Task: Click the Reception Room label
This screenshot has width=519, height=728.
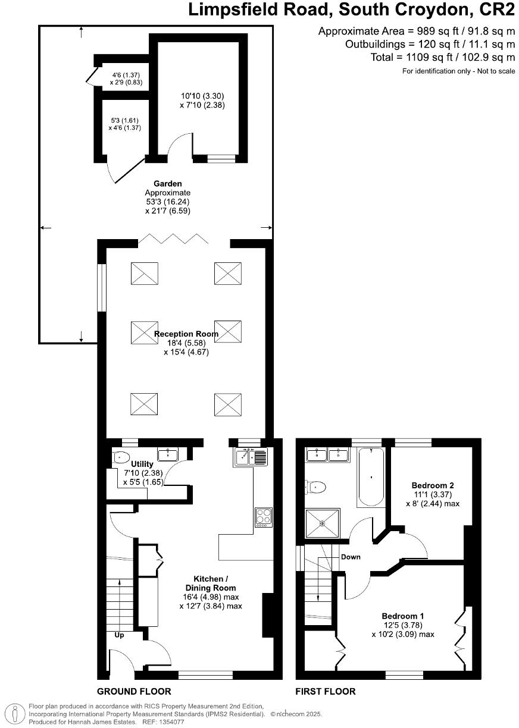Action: coord(186,334)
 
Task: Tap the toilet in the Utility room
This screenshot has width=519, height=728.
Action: coord(121,457)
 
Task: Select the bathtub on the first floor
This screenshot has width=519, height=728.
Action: coord(371,477)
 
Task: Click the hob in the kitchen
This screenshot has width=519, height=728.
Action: coord(263,517)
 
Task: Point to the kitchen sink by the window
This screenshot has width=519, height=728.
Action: coord(252,457)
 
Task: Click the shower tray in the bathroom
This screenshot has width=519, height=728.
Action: coord(322,524)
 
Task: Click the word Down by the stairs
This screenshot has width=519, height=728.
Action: coord(351,557)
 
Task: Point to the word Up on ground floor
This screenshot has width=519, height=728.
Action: coord(119,635)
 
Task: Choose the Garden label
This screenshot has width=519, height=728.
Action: coord(168,184)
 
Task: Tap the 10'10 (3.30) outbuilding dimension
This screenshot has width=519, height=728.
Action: coord(202,96)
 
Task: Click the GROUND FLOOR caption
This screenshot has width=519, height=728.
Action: coord(134,691)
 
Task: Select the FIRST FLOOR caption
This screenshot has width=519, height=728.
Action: coord(326,691)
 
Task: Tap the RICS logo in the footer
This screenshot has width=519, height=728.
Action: coord(14,714)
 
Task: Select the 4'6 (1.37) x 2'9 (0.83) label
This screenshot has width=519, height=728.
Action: coord(125,79)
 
